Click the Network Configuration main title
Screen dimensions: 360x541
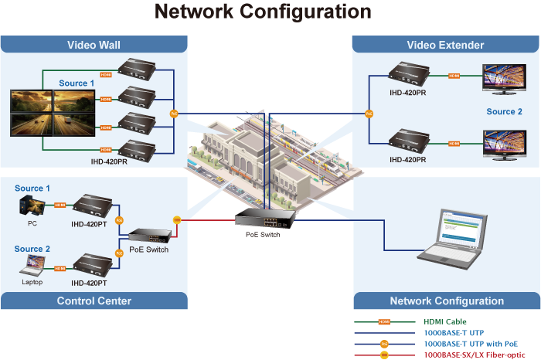(x=263, y=12)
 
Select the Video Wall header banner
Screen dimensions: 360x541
(x=94, y=45)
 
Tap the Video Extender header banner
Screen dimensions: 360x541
(x=445, y=45)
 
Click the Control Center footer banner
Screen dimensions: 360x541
(x=94, y=301)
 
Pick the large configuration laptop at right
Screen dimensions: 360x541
(x=456, y=236)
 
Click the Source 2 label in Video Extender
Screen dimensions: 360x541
(x=504, y=112)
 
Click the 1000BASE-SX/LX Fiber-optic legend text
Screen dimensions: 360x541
(x=469, y=354)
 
